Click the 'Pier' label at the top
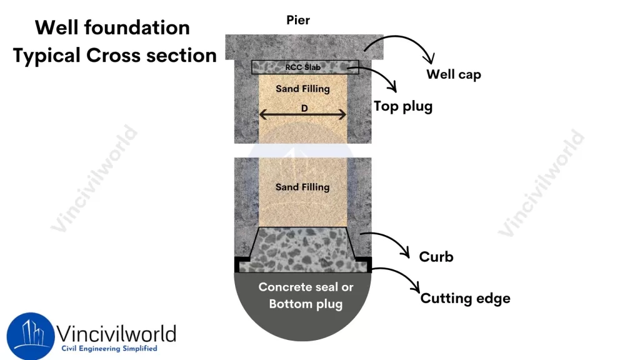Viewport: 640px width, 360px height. (x=298, y=21)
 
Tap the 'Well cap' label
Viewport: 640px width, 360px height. (x=453, y=74)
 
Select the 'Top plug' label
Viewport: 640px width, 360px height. (x=402, y=106)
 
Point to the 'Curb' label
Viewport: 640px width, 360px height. (x=436, y=256)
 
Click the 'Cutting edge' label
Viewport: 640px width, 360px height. (x=465, y=298)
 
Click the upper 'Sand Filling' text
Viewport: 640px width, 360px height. (x=302, y=89)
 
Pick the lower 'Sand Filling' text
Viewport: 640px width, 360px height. (x=302, y=187)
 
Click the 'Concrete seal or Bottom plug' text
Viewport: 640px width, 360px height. (x=306, y=296)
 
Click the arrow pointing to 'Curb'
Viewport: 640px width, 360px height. (x=387, y=244)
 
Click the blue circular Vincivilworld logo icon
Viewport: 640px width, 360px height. (x=30, y=336)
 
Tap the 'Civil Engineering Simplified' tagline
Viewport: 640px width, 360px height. (x=109, y=349)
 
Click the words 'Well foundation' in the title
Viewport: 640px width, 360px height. (x=112, y=27)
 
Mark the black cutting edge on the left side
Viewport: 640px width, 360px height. (x=239, y=264)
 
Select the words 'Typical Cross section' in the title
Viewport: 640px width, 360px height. (x=115, y=56)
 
